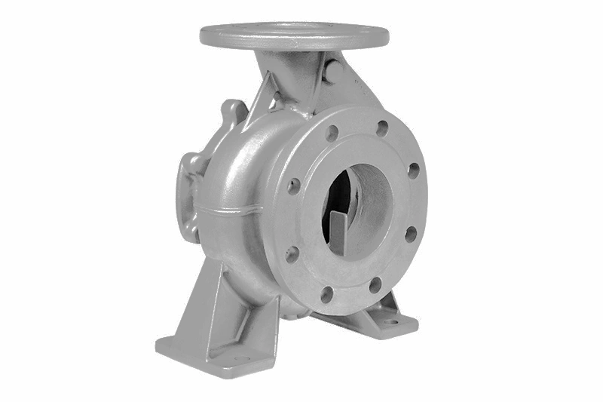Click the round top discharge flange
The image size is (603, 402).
coord(294,35)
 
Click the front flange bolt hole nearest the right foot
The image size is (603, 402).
coord(375,284)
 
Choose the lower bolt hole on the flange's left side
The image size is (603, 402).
coord(292,253)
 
